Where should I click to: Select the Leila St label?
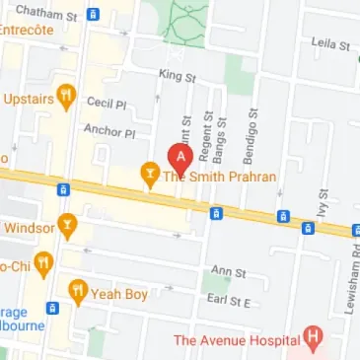[330, 45]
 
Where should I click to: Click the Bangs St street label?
[224, 134]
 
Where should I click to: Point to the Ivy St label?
[321, 207]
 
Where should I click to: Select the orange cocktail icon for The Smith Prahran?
[150, 176]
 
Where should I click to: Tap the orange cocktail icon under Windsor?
[67, 227]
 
